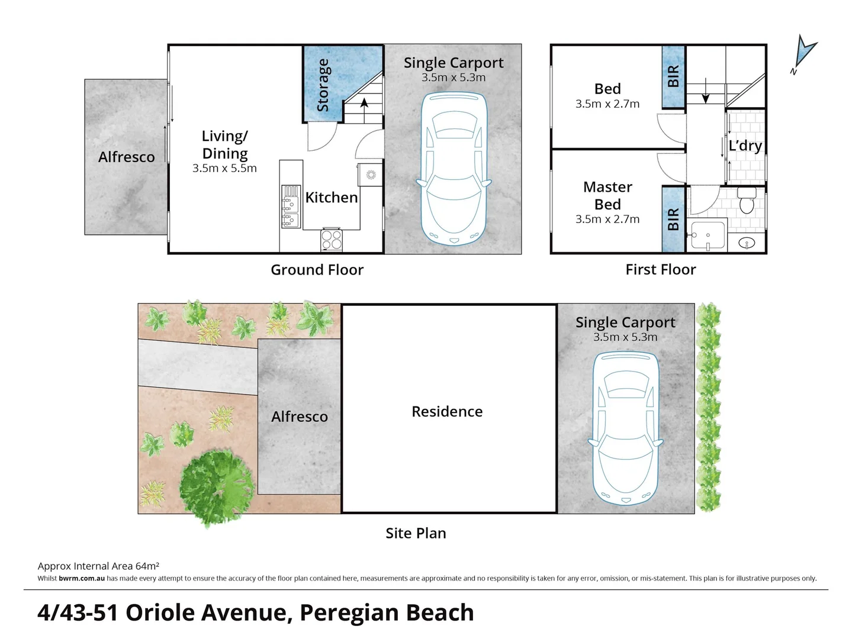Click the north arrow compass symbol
click(805, 53)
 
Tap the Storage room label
click(323, 85)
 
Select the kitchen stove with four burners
click(331, 240)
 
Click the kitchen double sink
click(290, 206)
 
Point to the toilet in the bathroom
click(747, 202)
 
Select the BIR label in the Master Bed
click(673, 220)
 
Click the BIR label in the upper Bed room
click(673, 77)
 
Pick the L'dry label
click(745, 146)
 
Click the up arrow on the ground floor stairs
click(364, 104)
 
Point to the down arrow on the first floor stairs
click(705, 97)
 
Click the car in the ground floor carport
click(454, 169)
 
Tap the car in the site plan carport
click(625, 428)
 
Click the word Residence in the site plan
click(447, 412)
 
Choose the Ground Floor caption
click(317, 270)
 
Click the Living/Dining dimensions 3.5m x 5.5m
click(224, 169)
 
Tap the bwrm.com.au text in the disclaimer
click(82, 579)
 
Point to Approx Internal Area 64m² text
click(98, 566)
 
